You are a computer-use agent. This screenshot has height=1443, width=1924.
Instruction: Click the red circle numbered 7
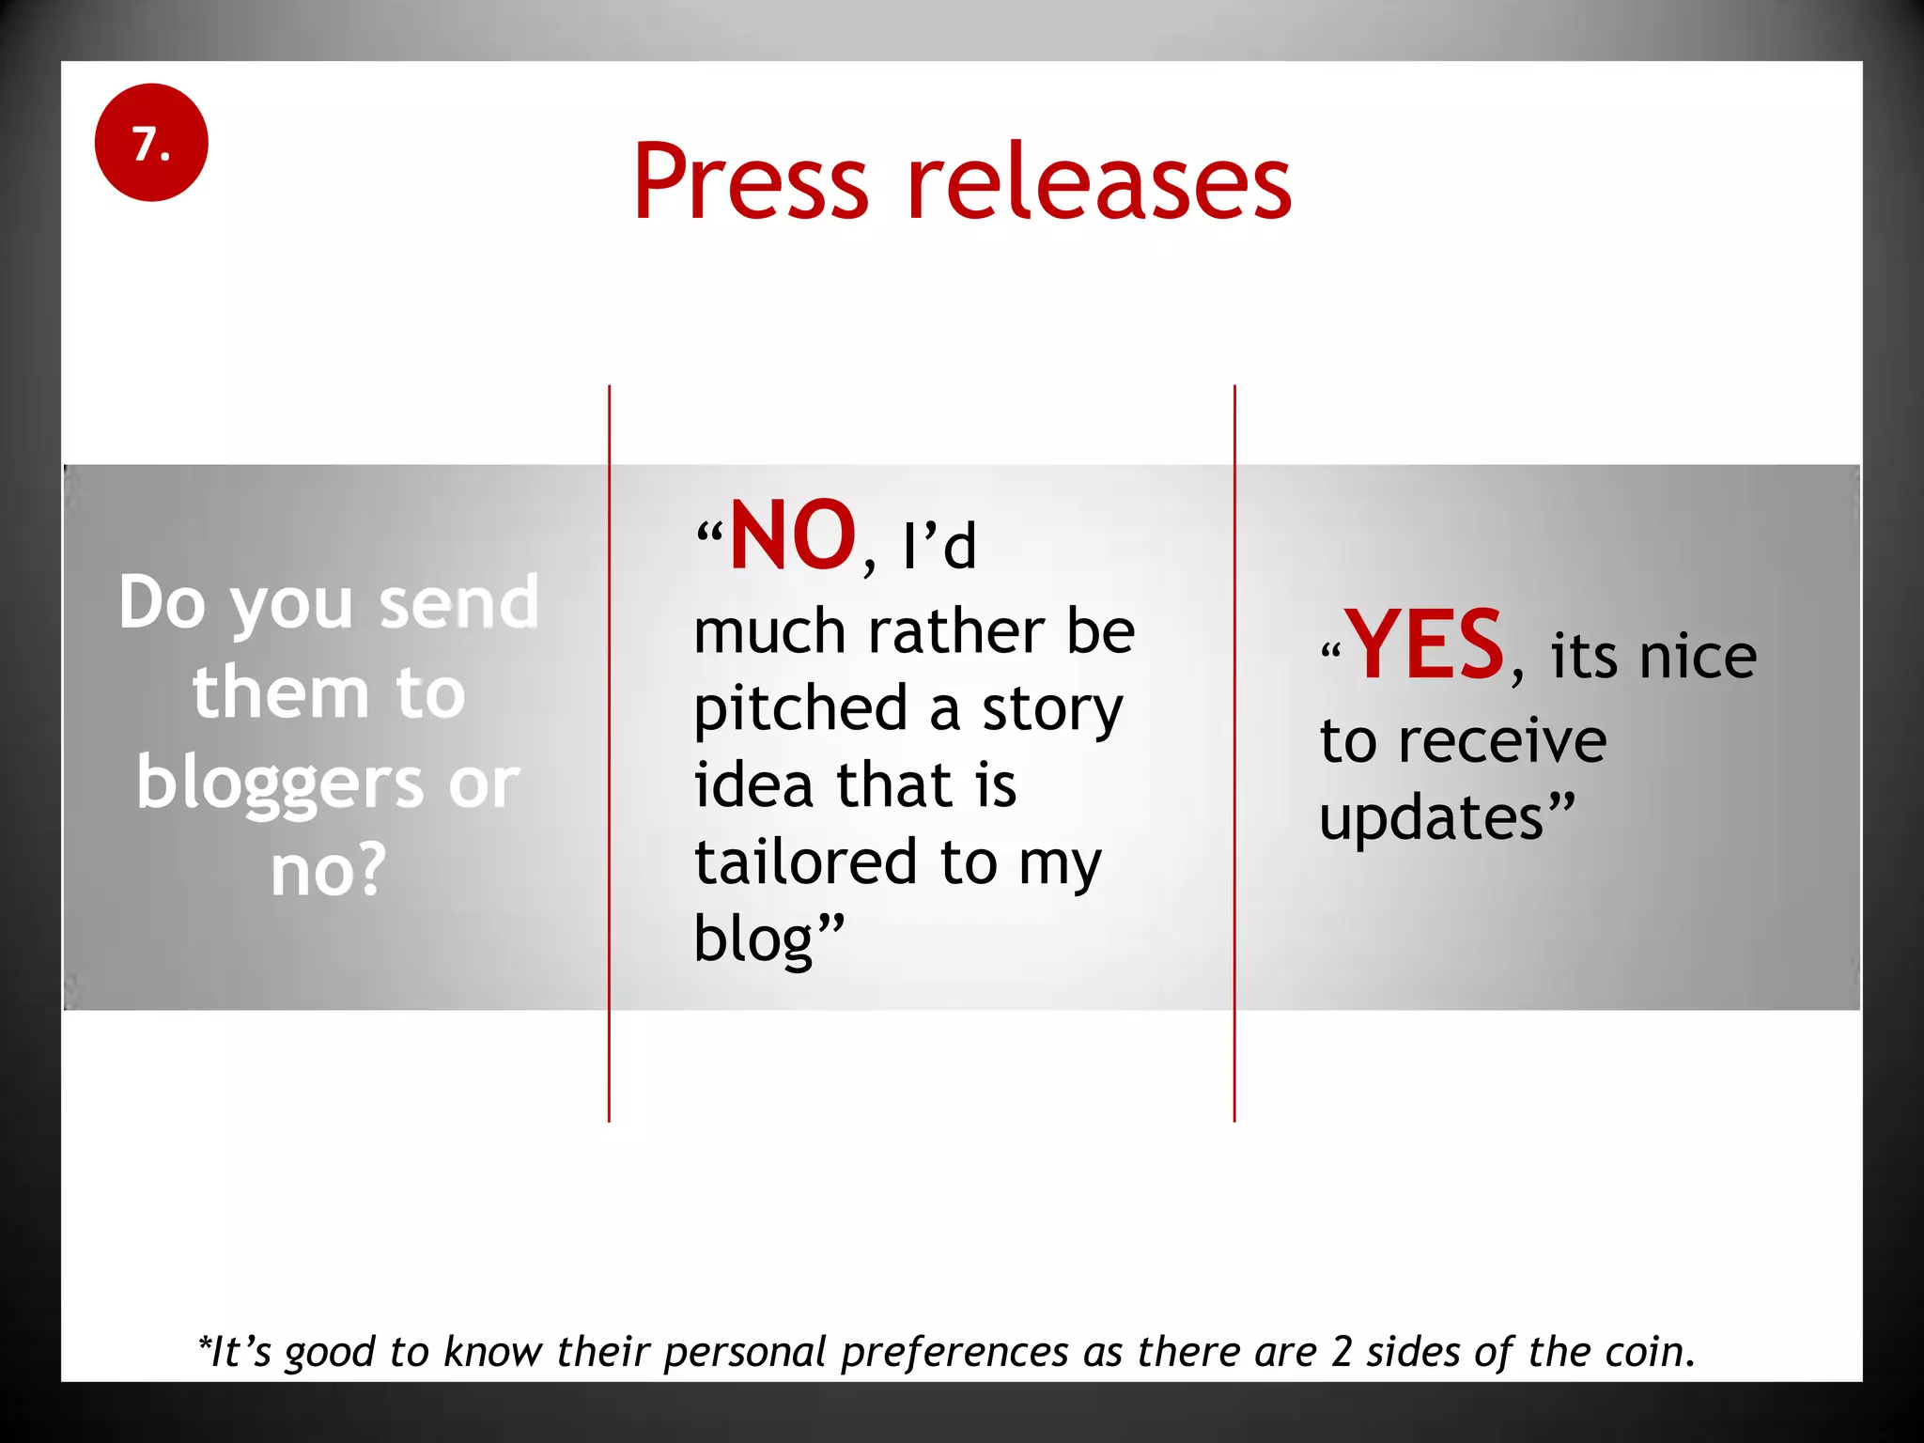(x=151, y=143)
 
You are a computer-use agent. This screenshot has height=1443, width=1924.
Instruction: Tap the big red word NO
(x=793, y=535)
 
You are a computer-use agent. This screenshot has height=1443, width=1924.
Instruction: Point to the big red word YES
(x=1425, y=646)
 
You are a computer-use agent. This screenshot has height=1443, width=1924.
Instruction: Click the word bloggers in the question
(x=279, y=784)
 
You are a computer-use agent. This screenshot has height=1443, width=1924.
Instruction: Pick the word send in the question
(x=459, y=602)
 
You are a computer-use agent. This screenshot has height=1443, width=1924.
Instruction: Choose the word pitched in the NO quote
(x=801, y=710)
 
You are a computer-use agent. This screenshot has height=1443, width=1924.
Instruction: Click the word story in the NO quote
(x=1052, y=710)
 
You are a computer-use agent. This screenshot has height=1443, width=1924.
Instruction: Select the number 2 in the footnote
(x=1341, y=1352)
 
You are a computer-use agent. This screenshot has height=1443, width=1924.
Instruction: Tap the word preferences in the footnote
(x=954, y=1352)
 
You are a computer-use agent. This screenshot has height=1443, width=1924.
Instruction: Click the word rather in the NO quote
(x=955, y=631)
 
